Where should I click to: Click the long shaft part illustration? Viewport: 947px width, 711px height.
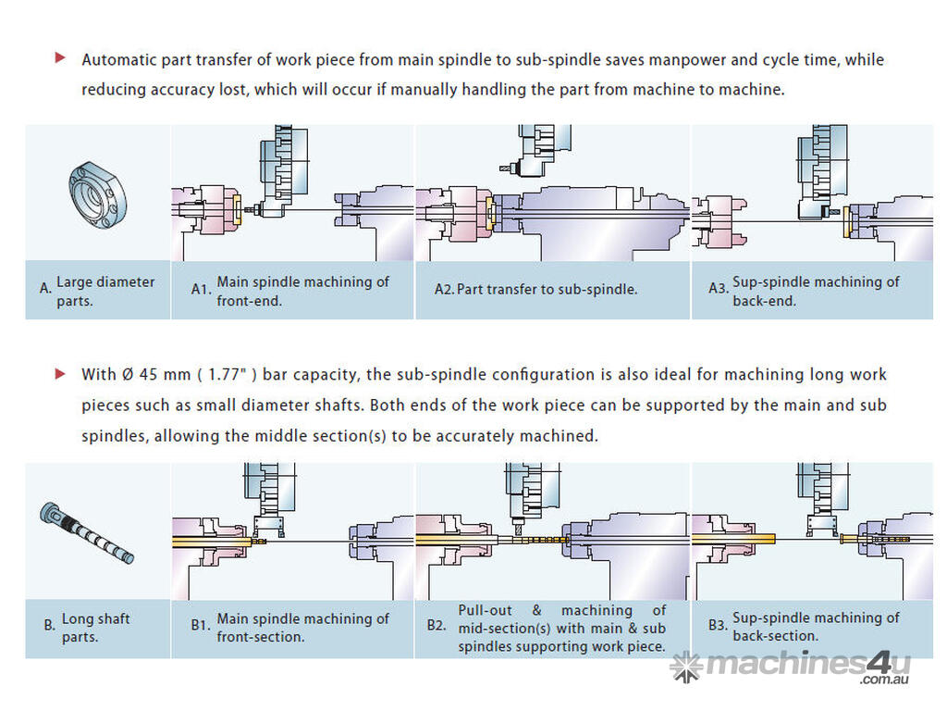pyautogui.click(x=87, y=531)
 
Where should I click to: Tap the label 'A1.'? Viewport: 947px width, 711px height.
pyautogui.click(x=202, y=289)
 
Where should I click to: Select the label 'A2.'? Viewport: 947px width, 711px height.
pyautogui.click(x=444, y=289)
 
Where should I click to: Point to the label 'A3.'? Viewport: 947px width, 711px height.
pyautogui.click(x=719, y=289)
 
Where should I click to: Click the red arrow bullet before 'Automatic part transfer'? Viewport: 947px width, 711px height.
pyautogui.click(x=60, y=58)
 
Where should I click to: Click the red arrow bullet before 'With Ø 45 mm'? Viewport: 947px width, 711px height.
pyautogui.click(x=60, y=374)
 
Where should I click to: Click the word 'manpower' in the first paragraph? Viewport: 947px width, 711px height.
pyautogui.click(x=687, y=60)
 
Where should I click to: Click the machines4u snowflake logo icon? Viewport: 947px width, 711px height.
pyautogui.click(x=686, y=667)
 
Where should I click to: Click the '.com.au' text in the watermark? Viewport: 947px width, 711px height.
pyautogui.click(x=885, y=680)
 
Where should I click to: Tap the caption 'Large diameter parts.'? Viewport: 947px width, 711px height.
pyautogui.click(x=105, y=291)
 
